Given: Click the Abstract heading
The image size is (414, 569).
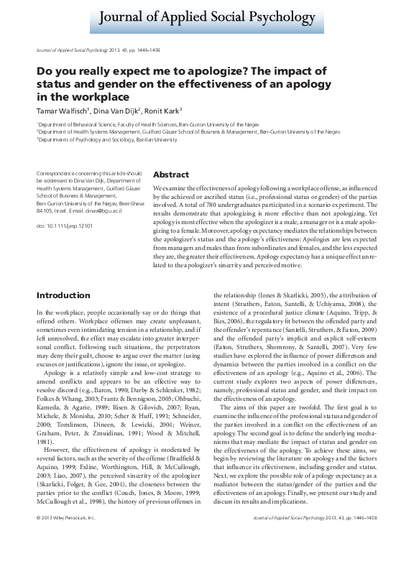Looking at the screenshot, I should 171,175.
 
